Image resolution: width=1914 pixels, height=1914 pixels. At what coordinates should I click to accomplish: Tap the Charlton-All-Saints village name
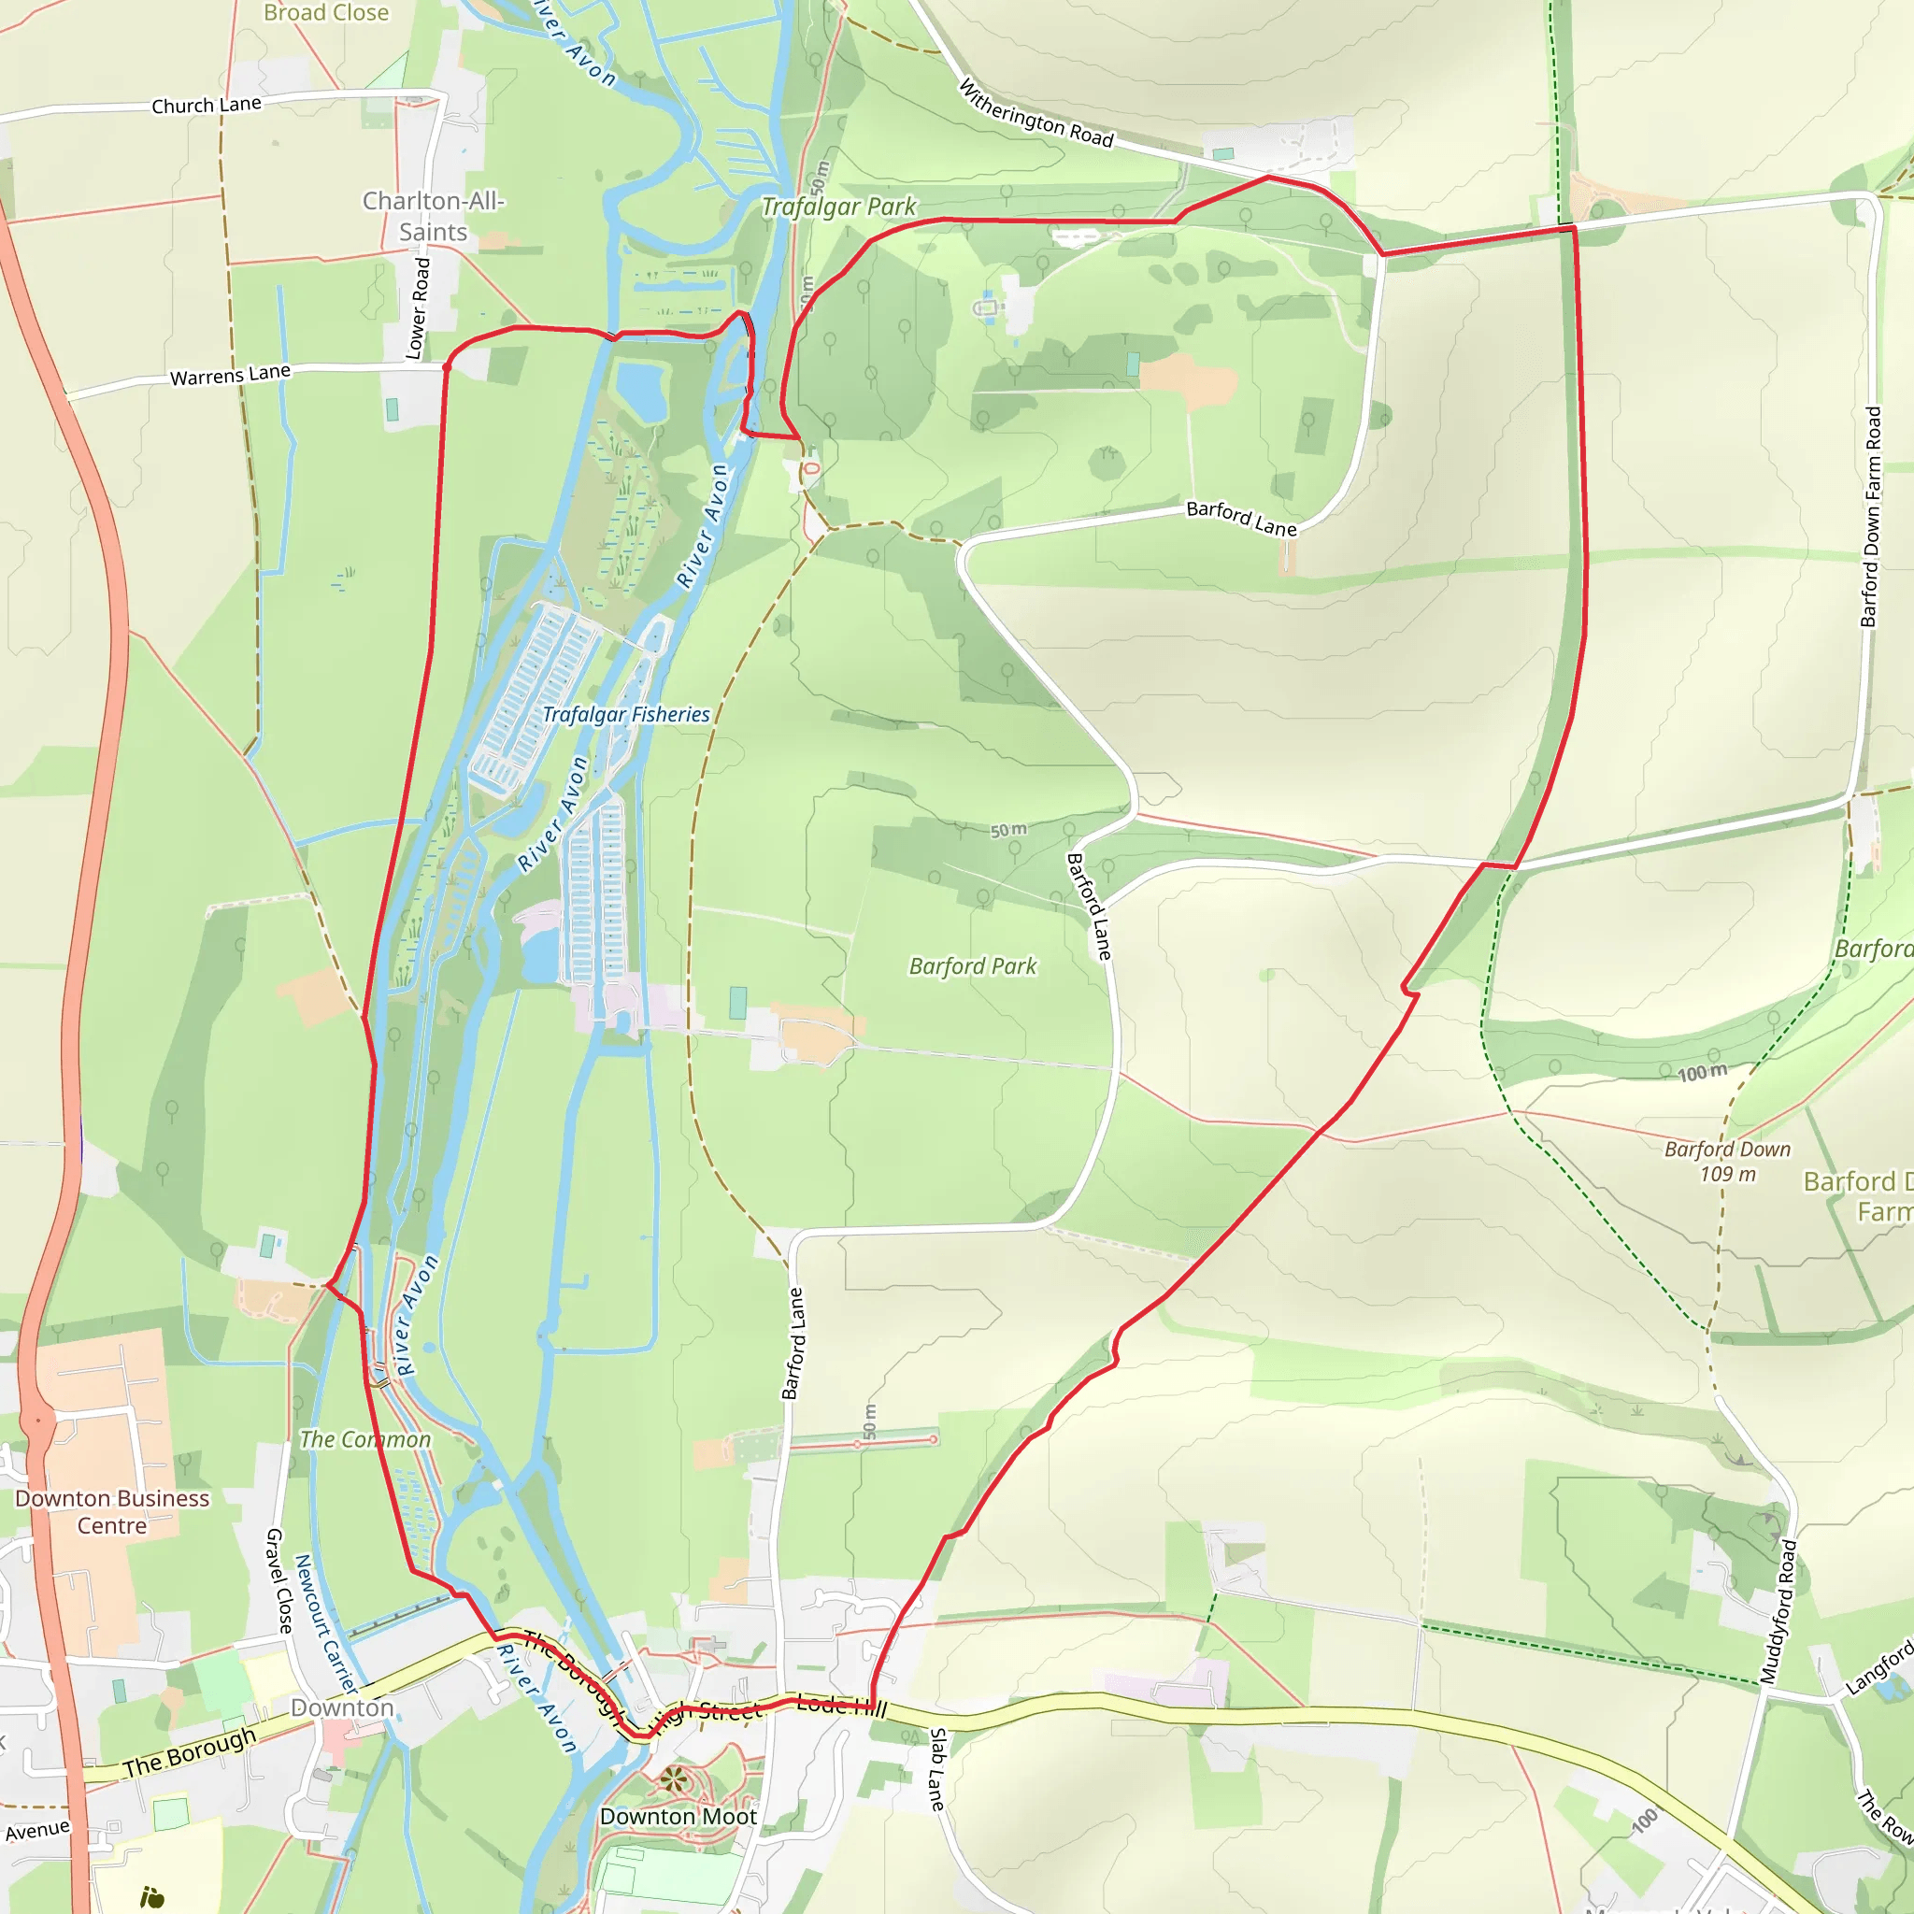(x=433, y=216)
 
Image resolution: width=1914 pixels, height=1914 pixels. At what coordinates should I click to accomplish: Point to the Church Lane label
(x=206, y=105)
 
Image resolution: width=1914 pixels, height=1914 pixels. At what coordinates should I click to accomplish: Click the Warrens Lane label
(x=230, y=376)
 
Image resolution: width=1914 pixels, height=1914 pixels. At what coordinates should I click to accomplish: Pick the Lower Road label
(x=419, y=308)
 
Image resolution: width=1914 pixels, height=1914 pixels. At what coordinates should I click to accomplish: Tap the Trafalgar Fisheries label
(x=626, y=714)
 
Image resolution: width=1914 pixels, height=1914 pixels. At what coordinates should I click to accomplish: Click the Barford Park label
(x=973, y=966)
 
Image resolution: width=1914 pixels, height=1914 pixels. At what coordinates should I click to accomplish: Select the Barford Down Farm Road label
(x=1870, y=516)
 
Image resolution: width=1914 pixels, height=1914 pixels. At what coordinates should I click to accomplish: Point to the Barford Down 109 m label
(x=1727, y=1161)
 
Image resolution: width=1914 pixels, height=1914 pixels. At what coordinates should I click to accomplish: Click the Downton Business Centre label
(x=112, y=1512)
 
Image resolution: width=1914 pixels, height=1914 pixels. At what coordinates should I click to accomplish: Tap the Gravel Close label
(x=279, y=1580)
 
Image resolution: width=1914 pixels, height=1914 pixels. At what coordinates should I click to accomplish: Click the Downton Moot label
(x=678, y=1816)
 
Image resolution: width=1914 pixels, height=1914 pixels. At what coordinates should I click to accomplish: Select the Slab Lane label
(x=936, y=1769)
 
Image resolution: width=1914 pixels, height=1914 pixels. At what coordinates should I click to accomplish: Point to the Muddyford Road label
(x=1778, y=1611)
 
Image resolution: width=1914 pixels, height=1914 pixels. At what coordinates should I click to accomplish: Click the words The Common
(x=365, y=1439)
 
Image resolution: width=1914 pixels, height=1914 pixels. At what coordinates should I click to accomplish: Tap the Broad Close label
(x=326, y=13)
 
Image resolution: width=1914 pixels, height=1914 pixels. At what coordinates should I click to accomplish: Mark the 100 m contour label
(x=1702, y=1072)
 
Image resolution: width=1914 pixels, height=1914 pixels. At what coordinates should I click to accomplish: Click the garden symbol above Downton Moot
(x=674, y=1779)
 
